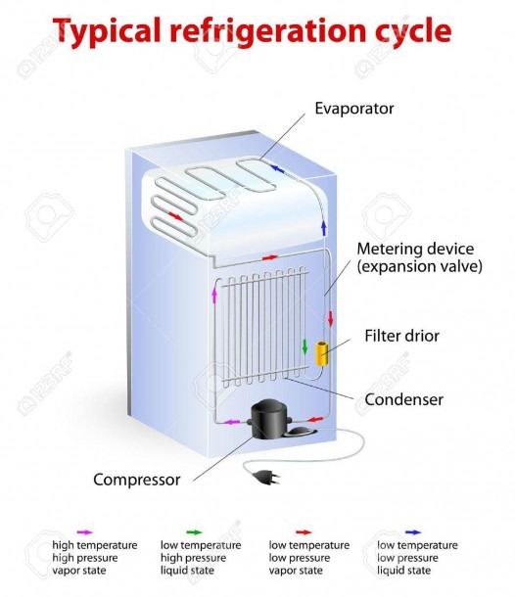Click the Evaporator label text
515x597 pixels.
pyautogui.click(x=353, y=109)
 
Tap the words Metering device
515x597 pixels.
pyautogui.click(x=415, y=249)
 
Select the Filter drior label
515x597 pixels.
pyautogui.click(x=401, y=336)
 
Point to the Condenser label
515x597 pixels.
pyautogui.click(x=403, y=399)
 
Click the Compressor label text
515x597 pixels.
pyautogui.click(x=137, y=480)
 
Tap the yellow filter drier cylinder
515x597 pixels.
pyautogui.click(x=322, y=353)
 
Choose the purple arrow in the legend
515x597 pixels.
pyautogui.click(x=84, y=532)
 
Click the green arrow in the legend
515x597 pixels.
pyautogui.click(x=194, y=532)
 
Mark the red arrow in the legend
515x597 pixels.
pyautogui.click(x=304, y=532)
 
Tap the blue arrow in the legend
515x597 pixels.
pyautogui.click(x=413, y=532)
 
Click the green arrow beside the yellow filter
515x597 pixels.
pyautogui.click(x=304, y=346)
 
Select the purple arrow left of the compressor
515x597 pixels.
pyautogui.click(x=232, y=422)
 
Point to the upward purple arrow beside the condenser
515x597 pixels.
pyautogui.click(x=214, y=295)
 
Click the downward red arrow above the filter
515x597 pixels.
pyautogui.click(x=330, y=318)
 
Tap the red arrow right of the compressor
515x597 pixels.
pyautogui.click(x=315, y=419)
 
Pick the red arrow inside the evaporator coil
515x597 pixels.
pyautogui.click(x=175, y=216)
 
